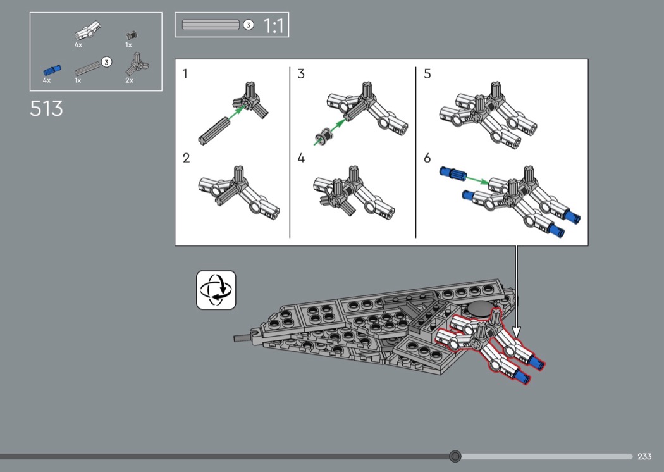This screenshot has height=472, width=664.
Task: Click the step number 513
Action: point(46,108)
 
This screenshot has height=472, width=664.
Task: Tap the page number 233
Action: point(644,456)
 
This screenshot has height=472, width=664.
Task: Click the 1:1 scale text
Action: point(274,26)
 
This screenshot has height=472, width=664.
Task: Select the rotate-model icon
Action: point(216,290)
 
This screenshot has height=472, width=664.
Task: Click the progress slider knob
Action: point(455,456)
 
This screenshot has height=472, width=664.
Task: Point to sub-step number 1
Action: point(185,74)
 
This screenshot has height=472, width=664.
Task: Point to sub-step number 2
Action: point(187,158)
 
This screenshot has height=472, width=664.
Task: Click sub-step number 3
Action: point(301,74)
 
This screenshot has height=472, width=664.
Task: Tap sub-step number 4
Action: point(301,158)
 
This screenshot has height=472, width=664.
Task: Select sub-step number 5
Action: point(427,74)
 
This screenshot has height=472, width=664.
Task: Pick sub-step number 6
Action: point(427,158)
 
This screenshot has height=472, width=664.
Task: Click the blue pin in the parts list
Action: point(52,70)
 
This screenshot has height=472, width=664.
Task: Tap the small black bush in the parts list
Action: point(132,35)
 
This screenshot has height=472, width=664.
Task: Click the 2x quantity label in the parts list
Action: point(129,80)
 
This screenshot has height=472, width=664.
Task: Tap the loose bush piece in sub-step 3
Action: point(324,135)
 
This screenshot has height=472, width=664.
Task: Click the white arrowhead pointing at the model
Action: point(516,332)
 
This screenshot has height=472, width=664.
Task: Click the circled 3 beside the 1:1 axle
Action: point(249,25)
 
